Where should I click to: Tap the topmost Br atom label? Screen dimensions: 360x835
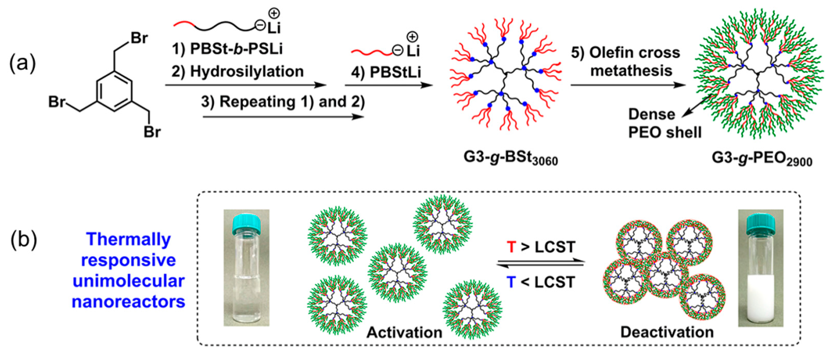coord(139,38)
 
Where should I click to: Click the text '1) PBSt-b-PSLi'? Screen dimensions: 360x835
coord(227,49)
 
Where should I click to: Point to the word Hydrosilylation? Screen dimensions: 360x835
coord(247,71)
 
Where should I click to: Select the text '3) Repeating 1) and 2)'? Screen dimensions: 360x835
coord(283,101)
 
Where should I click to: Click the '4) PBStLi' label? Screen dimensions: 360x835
coord(386,72)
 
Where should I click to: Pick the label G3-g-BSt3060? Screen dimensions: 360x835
coord(510,158)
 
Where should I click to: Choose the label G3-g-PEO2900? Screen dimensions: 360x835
coord(762,158)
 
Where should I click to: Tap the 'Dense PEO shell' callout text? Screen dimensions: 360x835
coord(664,123)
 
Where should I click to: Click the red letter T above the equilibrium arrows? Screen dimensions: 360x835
coord(512,247)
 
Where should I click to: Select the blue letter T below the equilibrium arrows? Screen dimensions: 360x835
coord(512,282)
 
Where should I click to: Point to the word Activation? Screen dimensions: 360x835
coord(404,333)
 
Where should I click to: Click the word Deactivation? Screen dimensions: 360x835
coord(667,332)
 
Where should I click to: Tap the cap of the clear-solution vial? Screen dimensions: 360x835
coord(246,222)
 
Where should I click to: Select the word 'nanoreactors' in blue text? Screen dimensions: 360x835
coord(128,301)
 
